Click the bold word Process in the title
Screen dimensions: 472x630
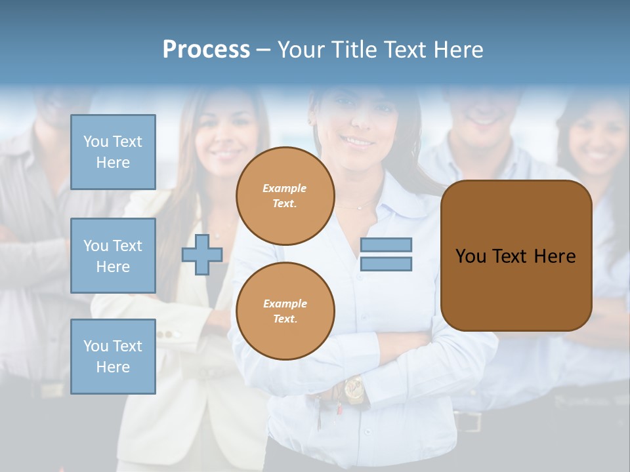pyautogui.click(x=206, y=50)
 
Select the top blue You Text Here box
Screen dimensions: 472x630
pyautogui.click(x=113, y=152)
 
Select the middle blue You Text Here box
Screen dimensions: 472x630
pyautogui.click(x=113, y=256)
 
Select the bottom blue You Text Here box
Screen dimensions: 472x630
pyautogui.click(x=113, y=356)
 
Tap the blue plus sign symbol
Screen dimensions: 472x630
pyautogui.click(x=202, y=254)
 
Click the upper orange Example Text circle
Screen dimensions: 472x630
pyautogui.click(x=285, y=196)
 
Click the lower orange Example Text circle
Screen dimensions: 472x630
pyautogui.click(x=285, y=311)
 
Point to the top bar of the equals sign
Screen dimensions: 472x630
pyautogui.click(x=386, y=245)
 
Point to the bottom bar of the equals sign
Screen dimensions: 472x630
pyautogui.click(x=386, y=264)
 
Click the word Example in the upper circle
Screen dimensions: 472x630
pyautogui.click(x=285, y=188)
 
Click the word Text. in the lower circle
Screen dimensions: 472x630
pyautogui.click(x=285, y=319)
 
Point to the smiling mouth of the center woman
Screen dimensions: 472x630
pyautogui.click(x=358, y=141)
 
